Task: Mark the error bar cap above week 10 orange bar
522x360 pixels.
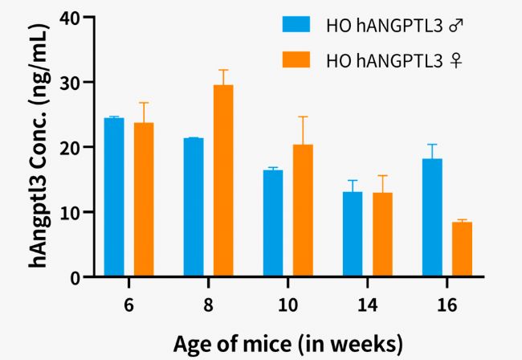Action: [302, 117]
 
